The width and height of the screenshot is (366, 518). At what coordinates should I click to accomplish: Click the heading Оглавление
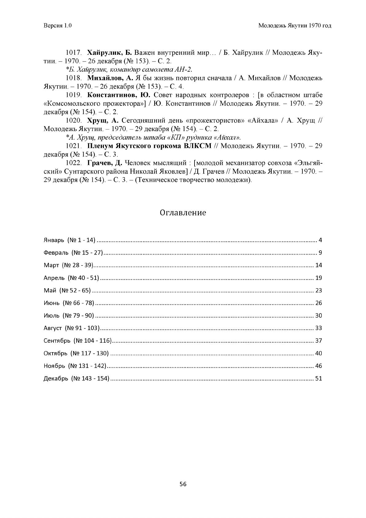click(183, 213)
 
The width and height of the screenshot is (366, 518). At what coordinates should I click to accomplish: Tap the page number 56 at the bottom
click(183, 484)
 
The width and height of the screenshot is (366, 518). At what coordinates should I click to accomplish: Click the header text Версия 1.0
click(57, 26)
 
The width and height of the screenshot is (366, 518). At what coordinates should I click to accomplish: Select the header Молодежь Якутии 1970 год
click(294, 26)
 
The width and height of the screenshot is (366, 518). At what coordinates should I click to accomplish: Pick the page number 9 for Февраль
click(320, 253)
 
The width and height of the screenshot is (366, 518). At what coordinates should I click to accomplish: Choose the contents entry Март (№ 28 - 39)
click(69, 265)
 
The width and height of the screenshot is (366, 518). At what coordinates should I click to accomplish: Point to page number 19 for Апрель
click(318, 278)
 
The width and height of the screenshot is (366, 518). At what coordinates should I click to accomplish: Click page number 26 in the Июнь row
click(318, 303)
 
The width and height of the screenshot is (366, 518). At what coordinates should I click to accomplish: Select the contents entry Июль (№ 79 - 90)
click(69, 316)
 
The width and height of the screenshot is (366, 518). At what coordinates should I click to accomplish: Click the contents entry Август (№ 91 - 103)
click(72, 328)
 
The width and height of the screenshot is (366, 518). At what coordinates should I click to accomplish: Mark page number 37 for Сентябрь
click(318, 341)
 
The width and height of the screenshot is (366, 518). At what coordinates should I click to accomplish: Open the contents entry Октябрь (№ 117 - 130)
click(76, 353)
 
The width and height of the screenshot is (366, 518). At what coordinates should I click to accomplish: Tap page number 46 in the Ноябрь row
click(318, 366)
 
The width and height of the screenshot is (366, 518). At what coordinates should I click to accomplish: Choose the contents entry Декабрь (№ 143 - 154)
click(77, 378)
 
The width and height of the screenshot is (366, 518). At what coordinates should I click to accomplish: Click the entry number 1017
click(73, 53)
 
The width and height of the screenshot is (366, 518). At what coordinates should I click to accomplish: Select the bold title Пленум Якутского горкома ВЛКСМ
click(149, 146)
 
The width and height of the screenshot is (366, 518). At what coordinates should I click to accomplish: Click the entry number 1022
click(73, 163)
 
